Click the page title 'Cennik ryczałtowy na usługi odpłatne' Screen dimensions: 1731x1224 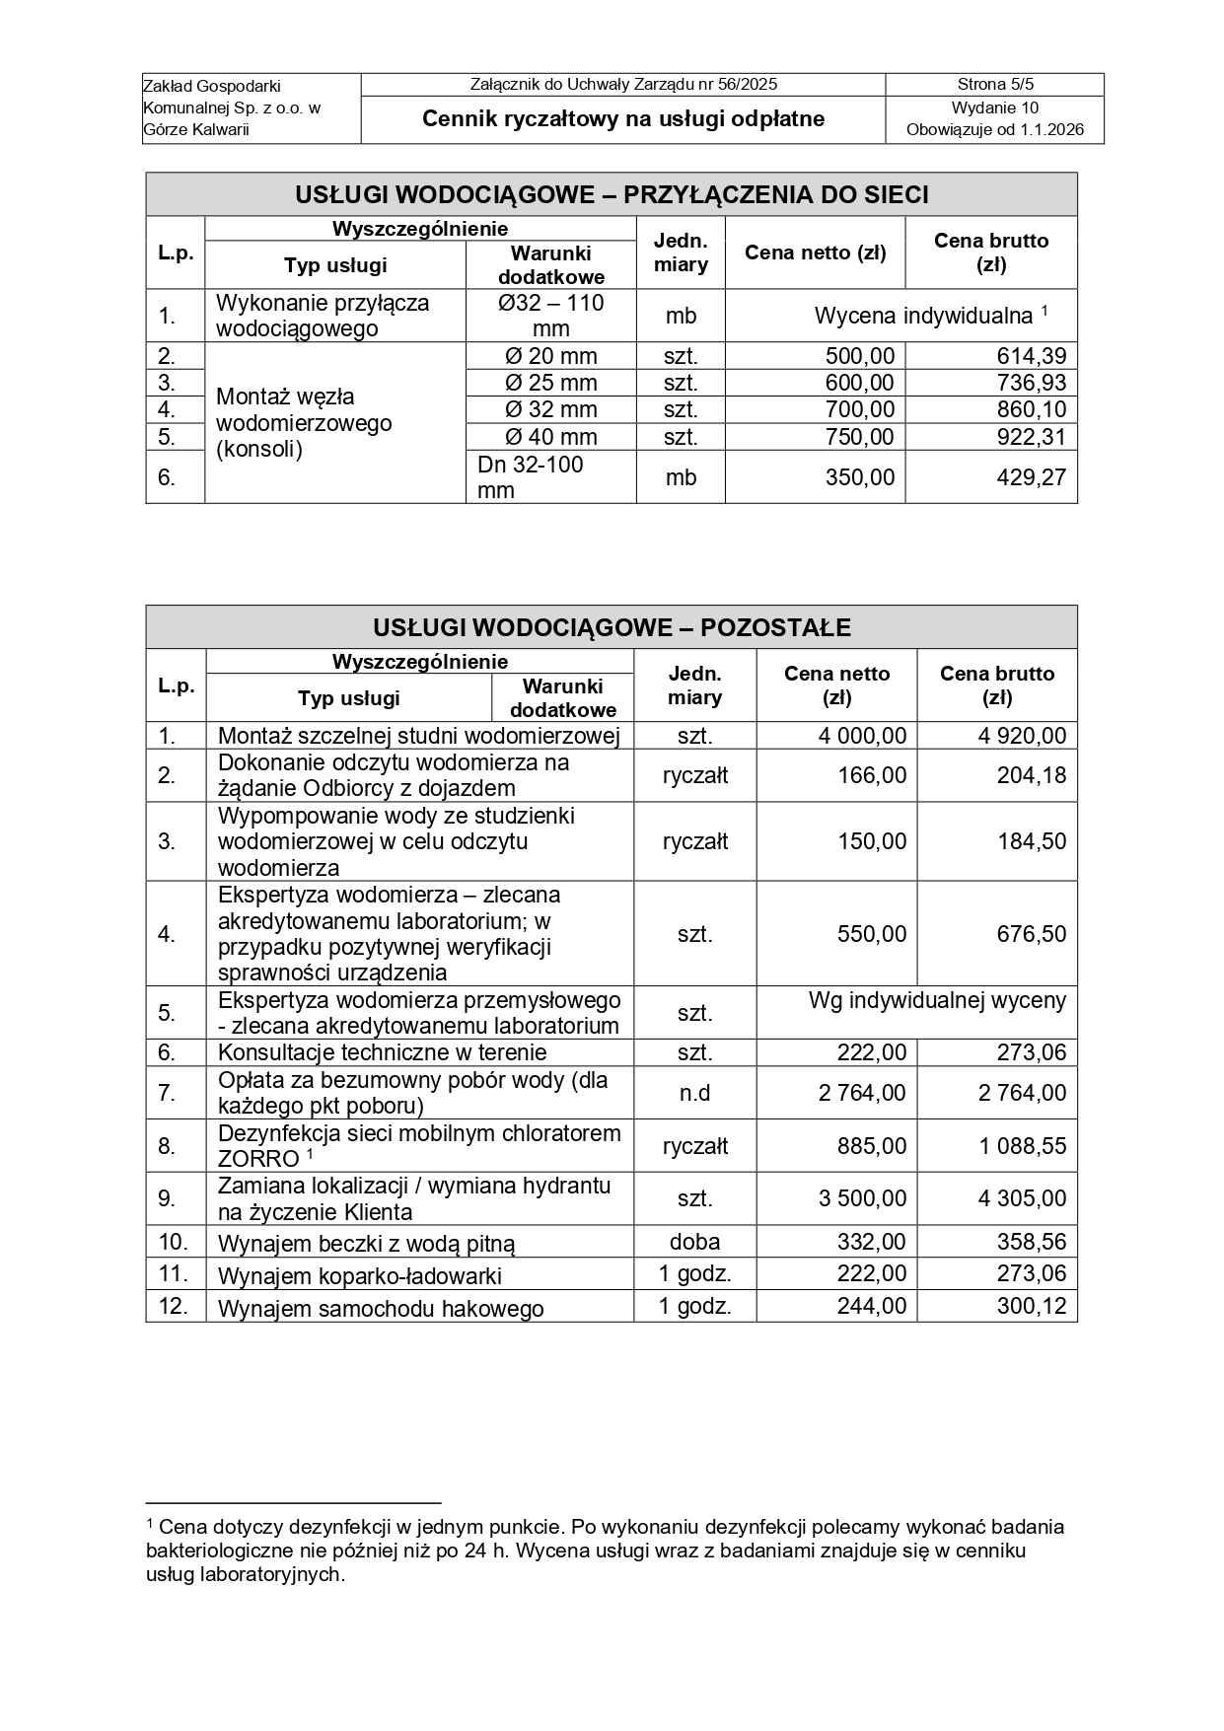click(623, 119)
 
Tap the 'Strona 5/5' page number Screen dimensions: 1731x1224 click(994, 85)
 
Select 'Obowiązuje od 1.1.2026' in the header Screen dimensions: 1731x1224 click(994, 129)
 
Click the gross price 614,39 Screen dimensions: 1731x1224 click(1032, 356)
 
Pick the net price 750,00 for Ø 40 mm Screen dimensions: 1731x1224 click(859, 437)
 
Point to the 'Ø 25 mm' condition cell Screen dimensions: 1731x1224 click(550, 383)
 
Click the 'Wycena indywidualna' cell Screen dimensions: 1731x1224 click(923, 317)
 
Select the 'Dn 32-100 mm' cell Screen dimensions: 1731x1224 click(531, 477)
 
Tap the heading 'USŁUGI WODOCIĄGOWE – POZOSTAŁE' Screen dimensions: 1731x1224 click(612, 627)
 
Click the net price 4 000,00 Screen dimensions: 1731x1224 click(861, 736)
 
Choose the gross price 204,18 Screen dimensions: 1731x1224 click(1031, 775)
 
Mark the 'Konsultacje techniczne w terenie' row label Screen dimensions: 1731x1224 click(382, 1052)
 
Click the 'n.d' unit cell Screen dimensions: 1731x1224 click(694, 1093)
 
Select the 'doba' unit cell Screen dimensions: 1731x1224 click(694, 1242)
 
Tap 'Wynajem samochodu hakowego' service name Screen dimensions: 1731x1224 click(381, 1309)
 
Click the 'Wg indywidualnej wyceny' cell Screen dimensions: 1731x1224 click(937, 1001)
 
